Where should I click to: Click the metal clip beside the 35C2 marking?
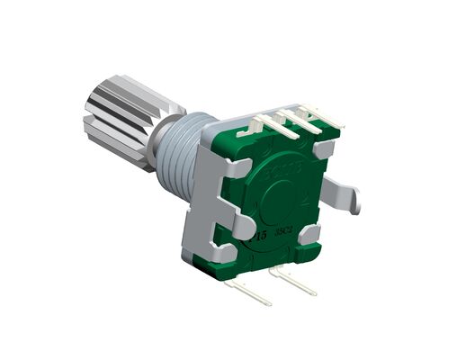tap(310, 235)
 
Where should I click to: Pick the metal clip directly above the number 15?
tap(236, 225)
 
